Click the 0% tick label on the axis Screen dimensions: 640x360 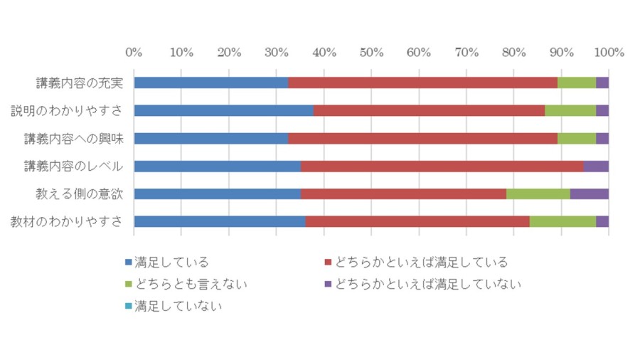(134, 52)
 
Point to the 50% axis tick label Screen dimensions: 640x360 (371, 52)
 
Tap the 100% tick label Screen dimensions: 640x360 (609, 52)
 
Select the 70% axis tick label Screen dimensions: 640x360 (466, 52)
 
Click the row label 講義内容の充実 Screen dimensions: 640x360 (80, 83)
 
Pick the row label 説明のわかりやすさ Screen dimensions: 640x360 (67, 110)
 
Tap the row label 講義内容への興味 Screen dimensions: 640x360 (73, 138)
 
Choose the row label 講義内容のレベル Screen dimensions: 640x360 (73, 166)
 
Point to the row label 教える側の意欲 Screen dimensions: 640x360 (80, 194)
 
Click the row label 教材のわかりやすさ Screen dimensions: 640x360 (67, 222)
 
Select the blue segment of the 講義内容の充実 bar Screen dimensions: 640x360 (211, 83)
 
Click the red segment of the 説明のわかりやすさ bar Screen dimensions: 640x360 (429, 110)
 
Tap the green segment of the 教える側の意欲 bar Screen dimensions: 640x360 (538, 194)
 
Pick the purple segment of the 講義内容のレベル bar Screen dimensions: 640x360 (596, 166)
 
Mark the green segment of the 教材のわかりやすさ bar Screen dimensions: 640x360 (563, 222)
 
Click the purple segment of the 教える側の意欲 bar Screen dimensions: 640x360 (590, 194)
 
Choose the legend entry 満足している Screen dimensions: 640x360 (167, 262)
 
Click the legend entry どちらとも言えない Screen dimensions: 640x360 (186, 284)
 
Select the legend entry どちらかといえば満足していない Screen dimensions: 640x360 (423, 284)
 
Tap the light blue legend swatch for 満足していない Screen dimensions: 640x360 (129, 306)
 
